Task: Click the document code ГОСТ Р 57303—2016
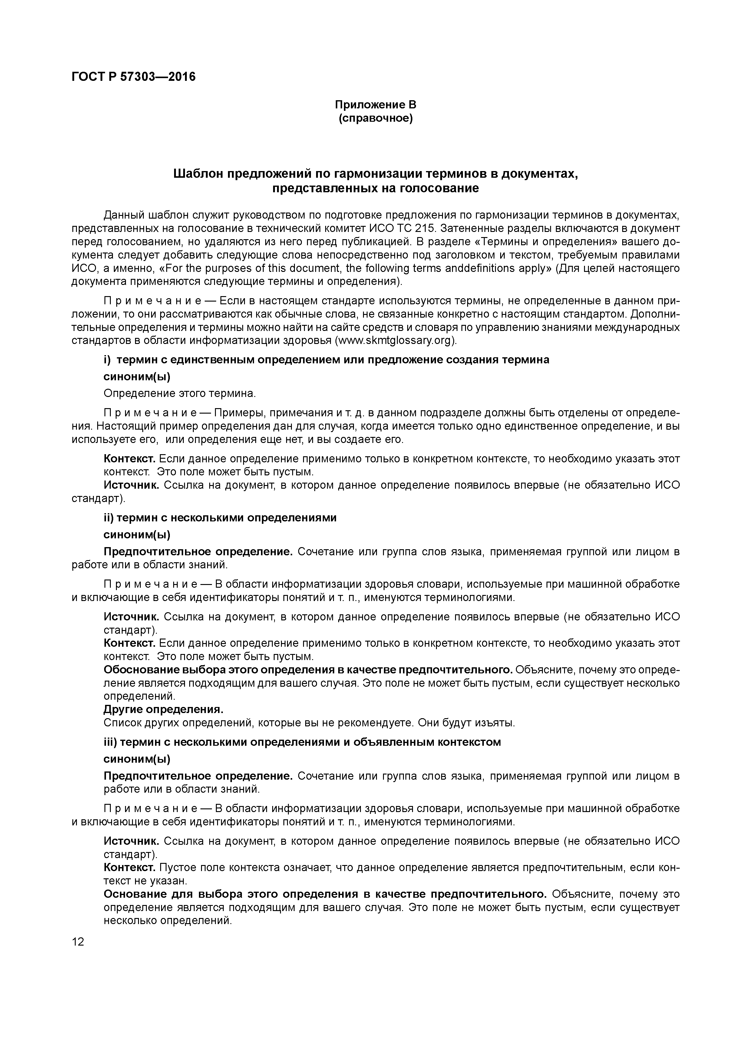(134, 77)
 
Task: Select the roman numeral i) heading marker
(107, 360)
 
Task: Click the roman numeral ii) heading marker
(108, 518)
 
